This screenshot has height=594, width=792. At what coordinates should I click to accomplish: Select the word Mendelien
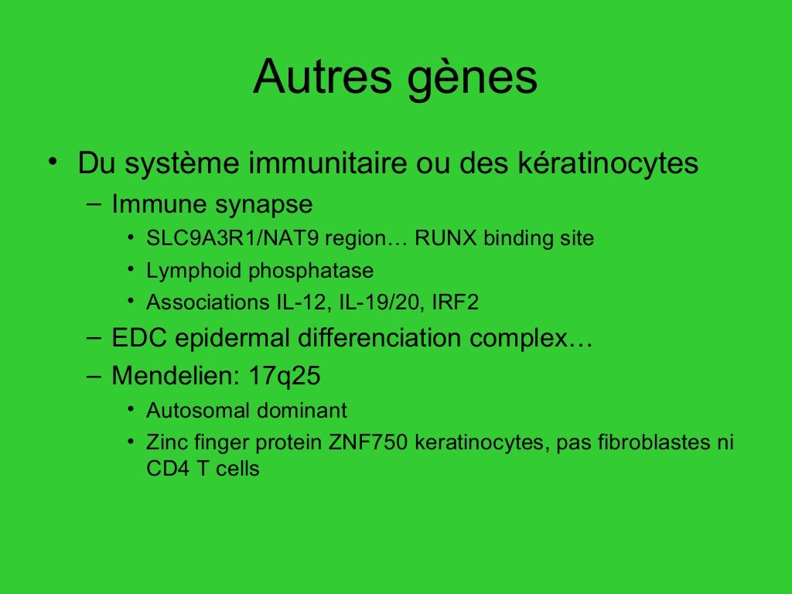click(x=175, y=377)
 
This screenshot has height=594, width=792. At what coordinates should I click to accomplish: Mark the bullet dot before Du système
click(x=51, y=162)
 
